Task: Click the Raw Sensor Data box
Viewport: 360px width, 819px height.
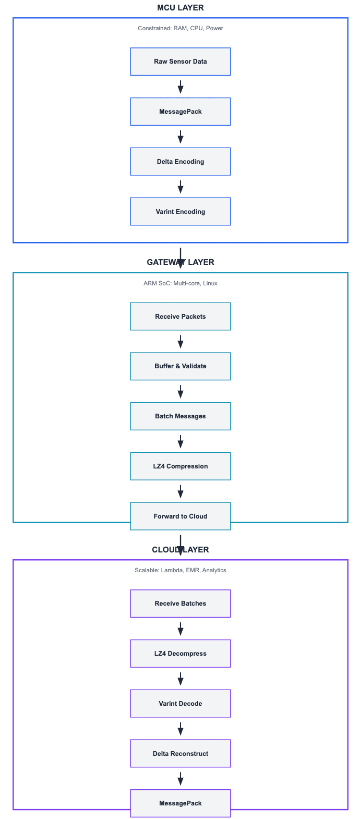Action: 181,62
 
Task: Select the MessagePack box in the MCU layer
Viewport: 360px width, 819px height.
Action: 181,112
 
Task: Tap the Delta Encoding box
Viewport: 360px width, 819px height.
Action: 181,162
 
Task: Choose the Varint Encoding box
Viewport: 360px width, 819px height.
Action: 181,211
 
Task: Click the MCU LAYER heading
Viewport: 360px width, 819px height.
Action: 181,8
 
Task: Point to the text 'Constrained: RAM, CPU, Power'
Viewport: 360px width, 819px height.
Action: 181,28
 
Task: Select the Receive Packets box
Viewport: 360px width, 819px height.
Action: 181,316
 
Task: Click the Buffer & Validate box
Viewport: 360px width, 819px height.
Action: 181,366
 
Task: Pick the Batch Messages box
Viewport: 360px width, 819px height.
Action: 181,416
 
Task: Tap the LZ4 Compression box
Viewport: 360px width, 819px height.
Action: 181,466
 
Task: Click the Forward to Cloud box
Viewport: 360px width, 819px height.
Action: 181,516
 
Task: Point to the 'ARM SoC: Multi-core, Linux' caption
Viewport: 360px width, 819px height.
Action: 181,283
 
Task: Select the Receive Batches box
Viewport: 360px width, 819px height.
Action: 181,603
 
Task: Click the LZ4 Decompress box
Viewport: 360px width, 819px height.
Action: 181,653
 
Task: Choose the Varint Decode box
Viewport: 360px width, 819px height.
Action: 181,704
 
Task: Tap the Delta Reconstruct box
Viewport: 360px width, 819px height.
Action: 181,754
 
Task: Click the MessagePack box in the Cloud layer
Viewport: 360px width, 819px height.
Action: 181,803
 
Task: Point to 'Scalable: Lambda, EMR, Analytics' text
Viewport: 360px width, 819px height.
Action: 181,570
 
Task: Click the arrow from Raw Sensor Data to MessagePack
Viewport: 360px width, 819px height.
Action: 181,87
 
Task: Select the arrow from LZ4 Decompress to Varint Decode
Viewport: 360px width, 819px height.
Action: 181,679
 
